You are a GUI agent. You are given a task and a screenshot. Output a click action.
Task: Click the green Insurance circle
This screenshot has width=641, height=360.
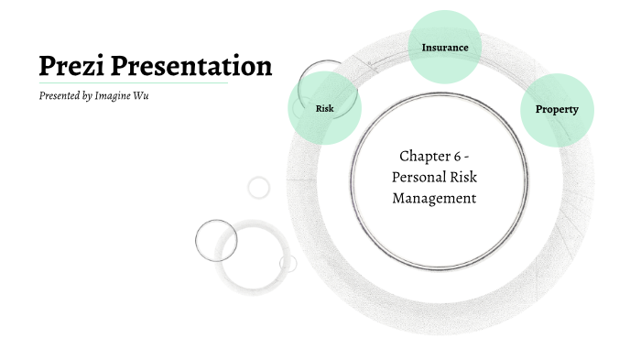(x=444, y=47)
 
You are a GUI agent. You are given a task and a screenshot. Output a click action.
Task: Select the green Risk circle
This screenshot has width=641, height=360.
(x=324, y=108)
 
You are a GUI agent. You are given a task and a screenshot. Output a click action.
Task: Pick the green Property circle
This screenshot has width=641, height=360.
(x=556, y=110)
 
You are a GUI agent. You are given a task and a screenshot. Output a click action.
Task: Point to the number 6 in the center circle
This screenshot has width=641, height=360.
(x=460, y=157)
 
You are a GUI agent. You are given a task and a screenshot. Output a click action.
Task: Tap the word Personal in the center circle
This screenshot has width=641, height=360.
(x=422, y=177)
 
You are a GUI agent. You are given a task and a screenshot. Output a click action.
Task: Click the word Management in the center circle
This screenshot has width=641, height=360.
(x=435, y=197)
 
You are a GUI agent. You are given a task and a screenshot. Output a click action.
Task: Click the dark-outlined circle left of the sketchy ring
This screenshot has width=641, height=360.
(x=216, y=240)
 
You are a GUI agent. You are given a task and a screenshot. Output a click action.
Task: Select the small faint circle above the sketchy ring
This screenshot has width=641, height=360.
(x=259, y=188)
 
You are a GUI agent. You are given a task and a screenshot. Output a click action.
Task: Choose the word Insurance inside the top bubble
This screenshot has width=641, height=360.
(x=444, y=47)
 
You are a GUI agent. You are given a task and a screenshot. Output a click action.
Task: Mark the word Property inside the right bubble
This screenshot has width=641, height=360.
(x=556, y=110)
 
